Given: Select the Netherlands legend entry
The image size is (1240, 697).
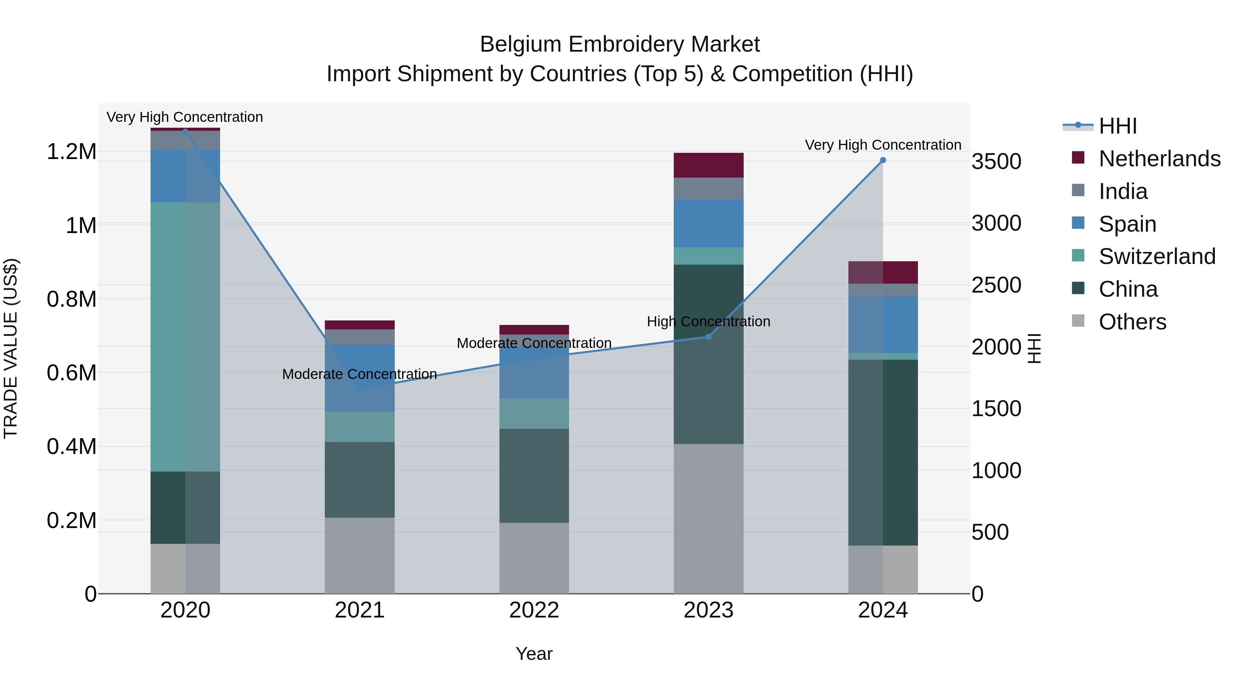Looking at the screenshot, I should click(x=1159, y=159).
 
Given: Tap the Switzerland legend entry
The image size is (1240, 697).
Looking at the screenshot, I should click(x=1157, y=256).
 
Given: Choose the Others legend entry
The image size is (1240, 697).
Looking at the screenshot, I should click(x=1132, y=322).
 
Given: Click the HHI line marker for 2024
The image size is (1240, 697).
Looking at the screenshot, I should click(x=883, y=160).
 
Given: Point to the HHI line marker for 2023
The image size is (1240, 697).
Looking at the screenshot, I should click(x=708, y=337).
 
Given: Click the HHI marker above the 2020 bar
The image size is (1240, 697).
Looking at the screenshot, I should click(x=185, y=131).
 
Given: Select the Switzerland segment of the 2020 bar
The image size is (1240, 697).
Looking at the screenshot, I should click(x=185, y=337).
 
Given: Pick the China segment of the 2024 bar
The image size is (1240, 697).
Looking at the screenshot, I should click(x=883, y=452).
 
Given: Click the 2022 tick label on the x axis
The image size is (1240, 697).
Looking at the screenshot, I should click(x=534, y=610).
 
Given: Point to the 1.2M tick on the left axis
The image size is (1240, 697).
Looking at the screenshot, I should click(x=71, y=152).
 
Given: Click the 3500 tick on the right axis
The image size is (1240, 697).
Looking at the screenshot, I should click(x=996, y=162).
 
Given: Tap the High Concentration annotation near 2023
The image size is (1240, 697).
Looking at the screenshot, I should click(x=708, y=321).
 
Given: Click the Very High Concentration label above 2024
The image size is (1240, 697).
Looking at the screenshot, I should click(x=883, y=145).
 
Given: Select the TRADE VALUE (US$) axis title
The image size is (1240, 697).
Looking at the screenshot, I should click(x=11, y=348).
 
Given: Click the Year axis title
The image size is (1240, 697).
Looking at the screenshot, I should click(x=534, y=654).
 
